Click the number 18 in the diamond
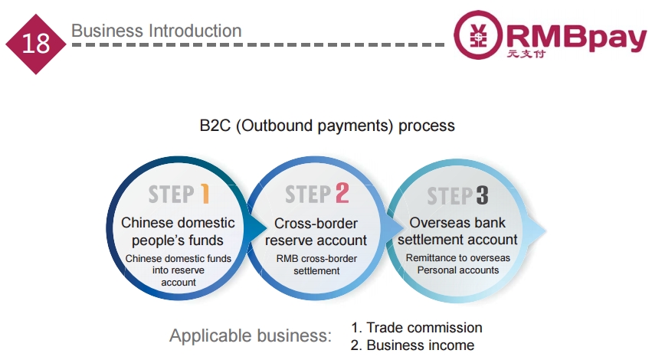click(x=36, y=43)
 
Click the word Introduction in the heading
click(x=195, y=31)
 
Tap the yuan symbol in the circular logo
click(x=478, y=34)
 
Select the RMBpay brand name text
click(x=576, y=37)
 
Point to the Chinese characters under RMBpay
click(x=526, y=54)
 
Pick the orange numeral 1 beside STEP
click(x=205, y=194)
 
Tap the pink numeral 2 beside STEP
click(x=342, y=193)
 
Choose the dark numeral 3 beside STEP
click(x=482, y=195)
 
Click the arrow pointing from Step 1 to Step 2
click(x=256, y=227)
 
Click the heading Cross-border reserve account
click(x=316, y=232)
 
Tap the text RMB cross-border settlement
click(x=317, y=265)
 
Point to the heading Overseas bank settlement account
click(x=457, y=231)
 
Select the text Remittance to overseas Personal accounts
click(x=458, y=264)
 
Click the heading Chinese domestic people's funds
click(x=178, y=231)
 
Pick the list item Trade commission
click(x=417, y=328)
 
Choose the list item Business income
click(x=412, y=345)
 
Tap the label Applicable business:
click(x=251, y=335)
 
